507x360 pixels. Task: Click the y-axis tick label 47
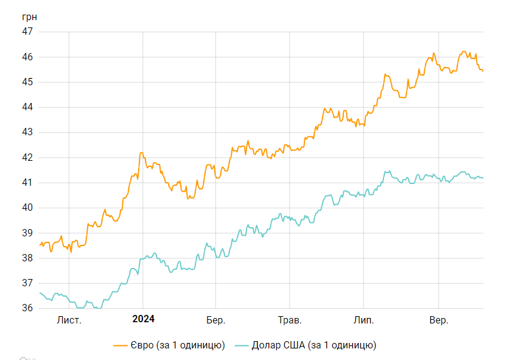[28, 32]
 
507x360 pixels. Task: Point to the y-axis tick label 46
[28, 57]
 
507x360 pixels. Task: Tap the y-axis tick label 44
[28, 107]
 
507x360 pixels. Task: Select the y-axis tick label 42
[28, 157]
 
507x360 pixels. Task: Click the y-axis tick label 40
[28, 208]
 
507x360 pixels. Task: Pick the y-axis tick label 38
[28, 258]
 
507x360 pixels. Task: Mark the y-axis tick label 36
[28, 308]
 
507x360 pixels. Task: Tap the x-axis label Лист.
[69, 320]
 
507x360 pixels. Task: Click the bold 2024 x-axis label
[143, 319]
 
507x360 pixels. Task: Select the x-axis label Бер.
[216, 320]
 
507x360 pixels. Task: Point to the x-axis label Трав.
[289, 320]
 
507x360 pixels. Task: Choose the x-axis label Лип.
[364, 320]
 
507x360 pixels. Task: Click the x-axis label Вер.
[439, 320]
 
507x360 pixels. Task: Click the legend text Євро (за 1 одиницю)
[177, 345]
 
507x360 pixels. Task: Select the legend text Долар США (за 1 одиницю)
[314, 345]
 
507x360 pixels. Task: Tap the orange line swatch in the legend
[121, 345]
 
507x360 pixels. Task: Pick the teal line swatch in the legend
[241, 345]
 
